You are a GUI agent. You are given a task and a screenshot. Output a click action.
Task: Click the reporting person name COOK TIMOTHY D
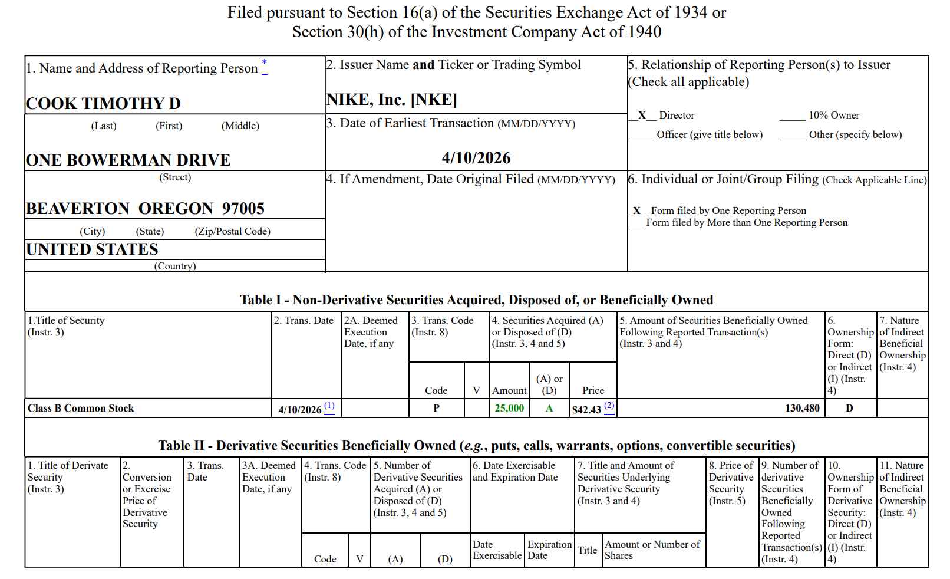tap(103, 104)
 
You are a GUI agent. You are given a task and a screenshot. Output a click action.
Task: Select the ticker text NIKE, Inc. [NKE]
tap(392, 100)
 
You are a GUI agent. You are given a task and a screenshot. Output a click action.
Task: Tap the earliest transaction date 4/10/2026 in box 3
tap(476, 158)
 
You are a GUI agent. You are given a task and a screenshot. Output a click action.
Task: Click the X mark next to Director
tap(642, 116)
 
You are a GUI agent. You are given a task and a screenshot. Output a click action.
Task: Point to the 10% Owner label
tap(833, 116)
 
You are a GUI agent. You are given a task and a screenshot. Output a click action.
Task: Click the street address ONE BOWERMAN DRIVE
tap(128, 160)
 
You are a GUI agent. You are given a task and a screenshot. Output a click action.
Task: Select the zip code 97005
tap(243, 209)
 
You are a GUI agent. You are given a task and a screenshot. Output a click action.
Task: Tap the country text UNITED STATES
tap(92, 249)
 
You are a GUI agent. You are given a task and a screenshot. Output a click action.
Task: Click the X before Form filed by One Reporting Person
tap(636, 210)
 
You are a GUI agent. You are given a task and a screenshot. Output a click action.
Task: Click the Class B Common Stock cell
tap(81, 409)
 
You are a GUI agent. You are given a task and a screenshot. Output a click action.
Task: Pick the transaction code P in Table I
tap(436, 409)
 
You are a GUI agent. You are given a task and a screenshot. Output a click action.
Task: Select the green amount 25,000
tap(509, 409)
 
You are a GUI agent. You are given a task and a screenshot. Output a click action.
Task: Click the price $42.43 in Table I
tap(586, 410)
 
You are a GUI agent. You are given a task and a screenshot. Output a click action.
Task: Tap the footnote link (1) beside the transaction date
tap(329, 406)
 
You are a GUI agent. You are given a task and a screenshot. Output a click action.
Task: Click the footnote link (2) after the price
tap(609, 406)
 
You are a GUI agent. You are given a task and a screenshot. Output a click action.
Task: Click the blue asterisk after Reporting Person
tap(264, 64)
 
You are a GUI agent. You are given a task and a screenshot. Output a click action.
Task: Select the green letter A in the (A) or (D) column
tap(549, 409)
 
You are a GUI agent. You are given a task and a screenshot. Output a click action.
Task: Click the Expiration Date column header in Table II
tap(549, 550)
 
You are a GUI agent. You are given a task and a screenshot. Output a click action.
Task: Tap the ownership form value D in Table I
tap(849, 409)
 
